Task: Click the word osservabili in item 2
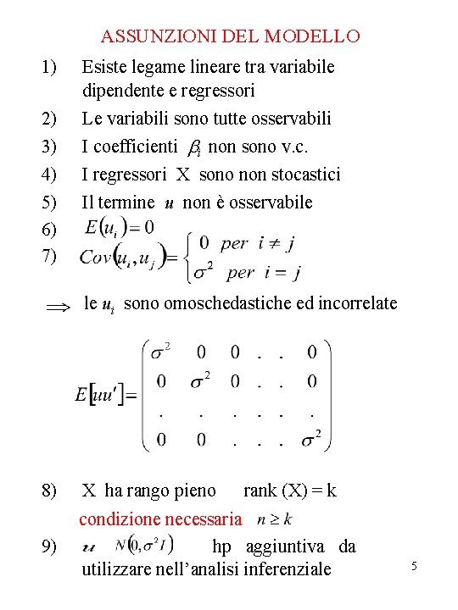[x=289, y=119]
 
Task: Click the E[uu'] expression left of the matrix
[x=105, y=395]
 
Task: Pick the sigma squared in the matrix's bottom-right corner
[x=310, y=438]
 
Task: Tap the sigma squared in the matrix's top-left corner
[x=160, y=351]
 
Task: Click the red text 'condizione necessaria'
[x=160, y=518]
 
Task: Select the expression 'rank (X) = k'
[x=289, y=491]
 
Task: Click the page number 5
[x=415, y=565]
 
